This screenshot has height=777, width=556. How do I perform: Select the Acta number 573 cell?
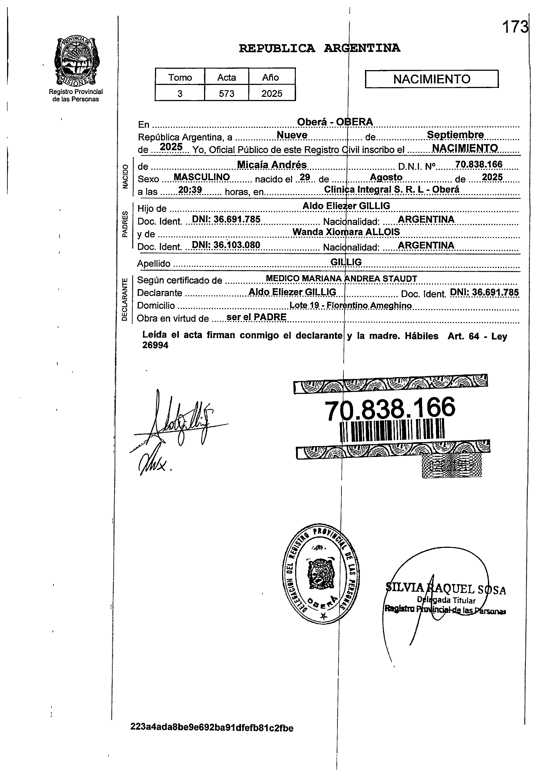click(x=226, y=94)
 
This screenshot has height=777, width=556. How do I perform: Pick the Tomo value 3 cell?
click(x=180, y=94)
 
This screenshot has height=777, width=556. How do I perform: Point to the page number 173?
click(x=515, y=27)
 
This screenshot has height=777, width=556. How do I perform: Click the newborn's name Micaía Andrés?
click(x=272, y=165)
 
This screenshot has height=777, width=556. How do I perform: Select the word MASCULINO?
click(x=202, y=177)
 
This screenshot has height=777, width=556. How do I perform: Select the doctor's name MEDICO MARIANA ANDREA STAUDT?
click(x=341, y=279)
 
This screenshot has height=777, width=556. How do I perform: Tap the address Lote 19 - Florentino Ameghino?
click(x=351, y=305)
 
